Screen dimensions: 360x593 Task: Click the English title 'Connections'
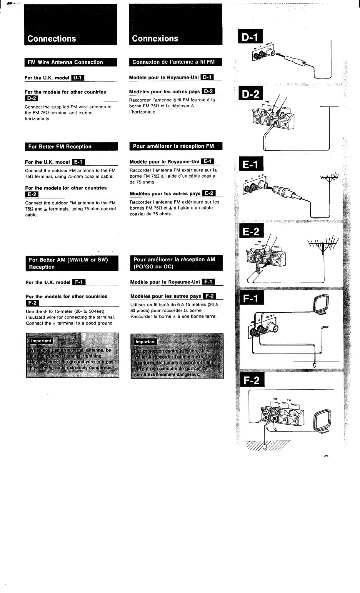click(52, 39)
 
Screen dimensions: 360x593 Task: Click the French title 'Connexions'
click(155, 39)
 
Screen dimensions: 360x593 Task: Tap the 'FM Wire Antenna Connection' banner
click(65, 62)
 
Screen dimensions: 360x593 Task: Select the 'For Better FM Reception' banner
click(60, 146)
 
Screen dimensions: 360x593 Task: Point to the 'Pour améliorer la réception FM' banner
click(173, 146)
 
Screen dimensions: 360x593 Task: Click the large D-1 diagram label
click(250, 37)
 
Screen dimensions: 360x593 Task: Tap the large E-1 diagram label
click(251, 164)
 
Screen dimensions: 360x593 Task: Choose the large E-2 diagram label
click(251, 232)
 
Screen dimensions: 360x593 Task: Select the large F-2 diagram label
click(251, 380)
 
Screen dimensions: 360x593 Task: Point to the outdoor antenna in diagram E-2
click(324, 244)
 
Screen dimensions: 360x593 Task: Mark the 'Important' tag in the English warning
click(41, 341)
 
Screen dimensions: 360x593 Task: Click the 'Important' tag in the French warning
click(145, 342)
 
